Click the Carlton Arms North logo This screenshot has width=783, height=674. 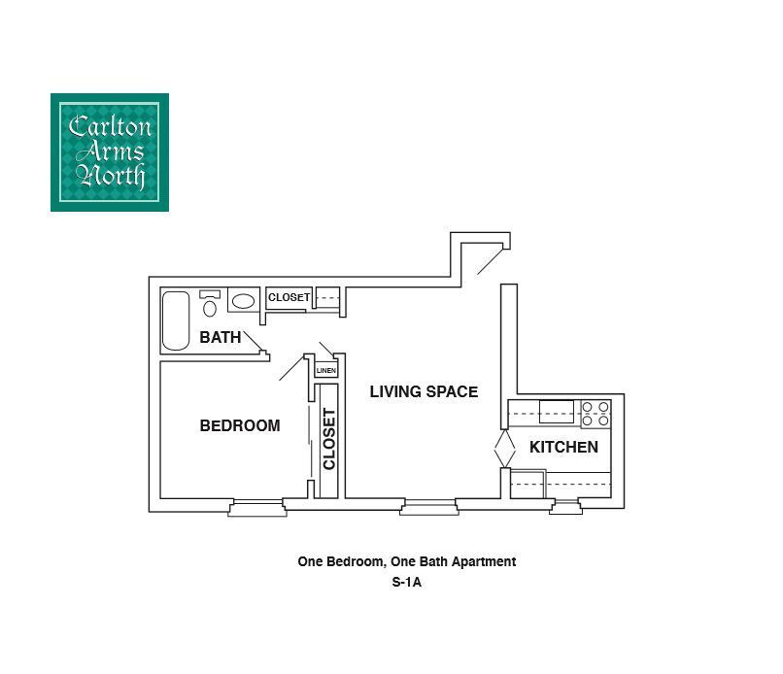(110, 152)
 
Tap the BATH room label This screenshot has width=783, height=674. (220, 338)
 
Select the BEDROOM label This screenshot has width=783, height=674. (239, 425)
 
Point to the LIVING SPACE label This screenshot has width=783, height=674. (424, 392)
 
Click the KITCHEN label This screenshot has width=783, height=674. (563, 447)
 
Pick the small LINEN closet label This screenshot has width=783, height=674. (325, 370)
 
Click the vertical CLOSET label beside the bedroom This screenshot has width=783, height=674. (329, 439)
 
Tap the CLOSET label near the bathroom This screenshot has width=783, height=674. (289, 297)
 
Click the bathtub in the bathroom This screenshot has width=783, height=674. (176, 320)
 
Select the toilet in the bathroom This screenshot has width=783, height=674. (210, 303)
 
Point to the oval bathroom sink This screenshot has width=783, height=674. (243, 301)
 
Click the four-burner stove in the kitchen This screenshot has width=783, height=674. (596, 415)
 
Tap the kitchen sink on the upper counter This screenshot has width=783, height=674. (557, 413)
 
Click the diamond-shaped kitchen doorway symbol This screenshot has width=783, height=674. (504, 450)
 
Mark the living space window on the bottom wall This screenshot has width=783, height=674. (428, 505)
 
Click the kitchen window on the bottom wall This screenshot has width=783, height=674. (564, 505)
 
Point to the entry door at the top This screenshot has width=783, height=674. (489, 260)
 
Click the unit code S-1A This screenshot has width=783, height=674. (406, 584)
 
